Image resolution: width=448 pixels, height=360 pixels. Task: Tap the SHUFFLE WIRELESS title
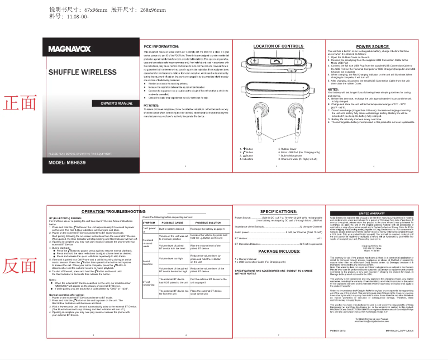pos(82,73)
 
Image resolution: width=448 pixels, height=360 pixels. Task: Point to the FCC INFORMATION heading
pos(161,46)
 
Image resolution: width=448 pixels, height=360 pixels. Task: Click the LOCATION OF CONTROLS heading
pos(278,46)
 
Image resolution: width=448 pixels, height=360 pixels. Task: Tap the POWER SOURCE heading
pos(372,46)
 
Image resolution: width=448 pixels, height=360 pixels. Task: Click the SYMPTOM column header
pos(150,222)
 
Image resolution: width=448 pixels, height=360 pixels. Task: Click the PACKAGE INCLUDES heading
pos(279,252)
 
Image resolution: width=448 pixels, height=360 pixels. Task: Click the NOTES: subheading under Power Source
pos(333,89)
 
